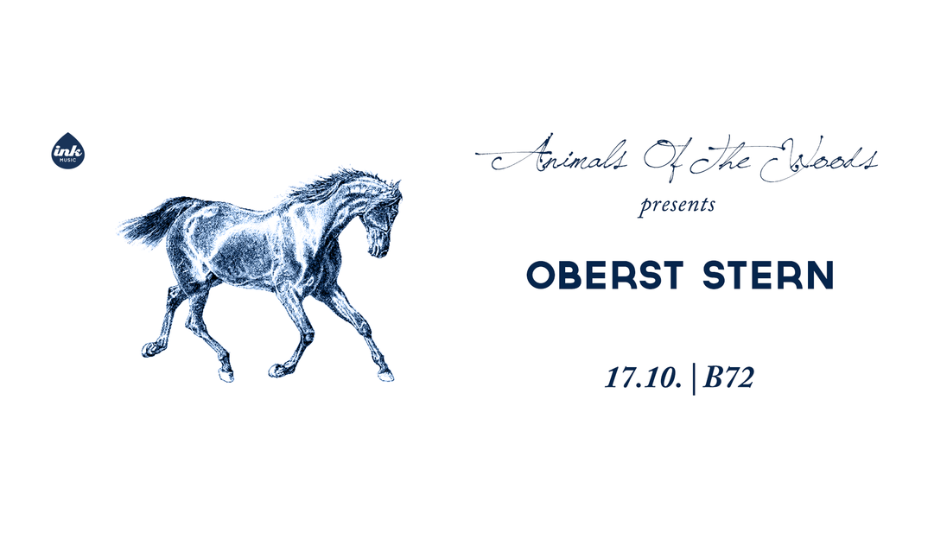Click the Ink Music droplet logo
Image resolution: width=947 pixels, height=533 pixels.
pos(67,151)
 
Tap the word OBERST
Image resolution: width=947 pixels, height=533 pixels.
pos(605,276)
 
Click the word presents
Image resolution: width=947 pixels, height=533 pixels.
pos(677,206)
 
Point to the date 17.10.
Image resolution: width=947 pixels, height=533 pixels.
pos(644,378)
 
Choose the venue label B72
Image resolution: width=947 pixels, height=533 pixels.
pos(728,378)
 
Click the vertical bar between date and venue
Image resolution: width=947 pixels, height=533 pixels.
pos(693,378)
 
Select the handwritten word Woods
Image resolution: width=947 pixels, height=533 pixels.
pos(818,159)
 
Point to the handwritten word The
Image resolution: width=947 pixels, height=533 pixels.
pos(722,158)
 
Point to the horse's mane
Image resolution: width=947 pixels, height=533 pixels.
pos(332,184)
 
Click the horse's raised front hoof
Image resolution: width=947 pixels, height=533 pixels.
pos(278,370)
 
